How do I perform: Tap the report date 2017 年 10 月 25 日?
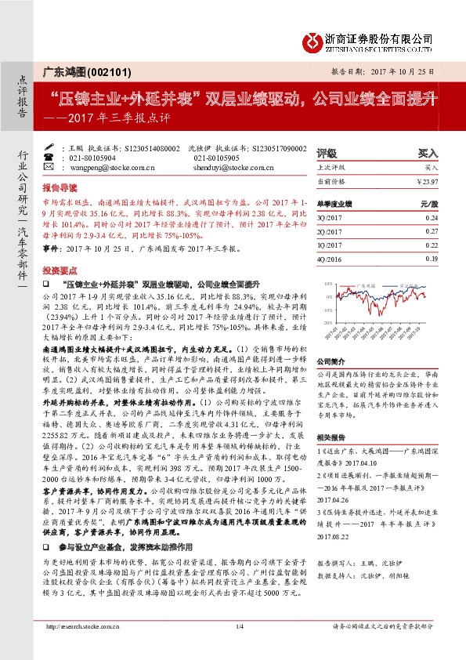(x=396, y=71)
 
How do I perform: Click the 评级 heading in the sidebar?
(x=327, y=153)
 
